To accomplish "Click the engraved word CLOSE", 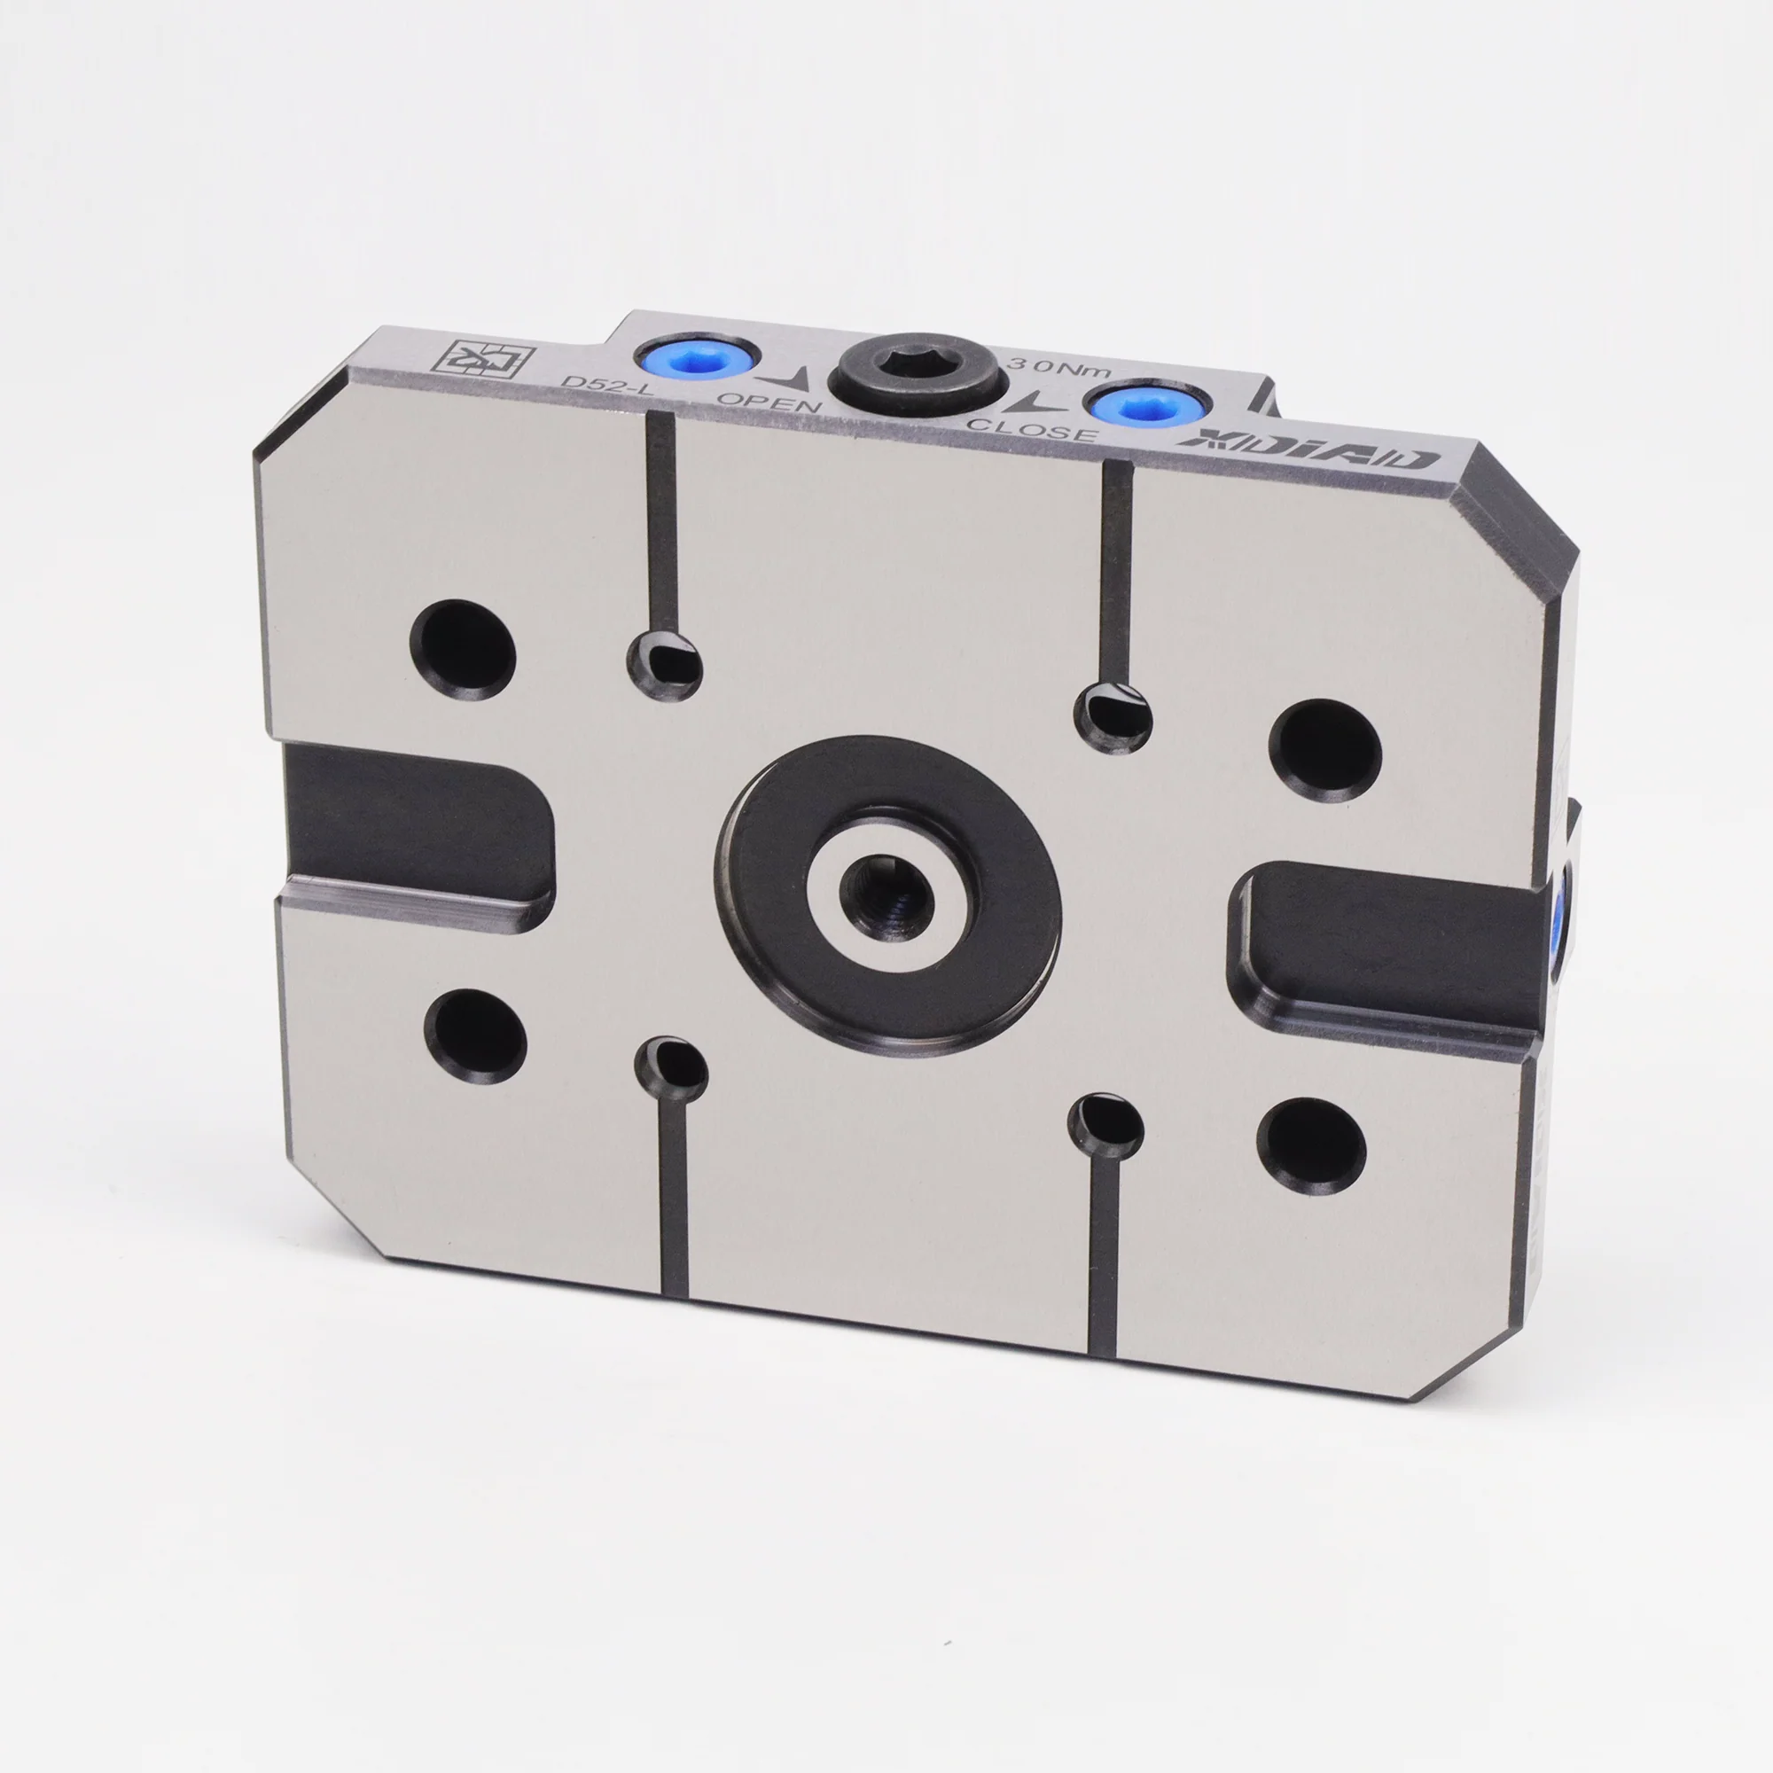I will (1033, 427).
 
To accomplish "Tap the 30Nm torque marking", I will (1060, 367).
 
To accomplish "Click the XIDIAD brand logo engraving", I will (1308, 449).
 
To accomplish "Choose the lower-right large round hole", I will (1311, 1145).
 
